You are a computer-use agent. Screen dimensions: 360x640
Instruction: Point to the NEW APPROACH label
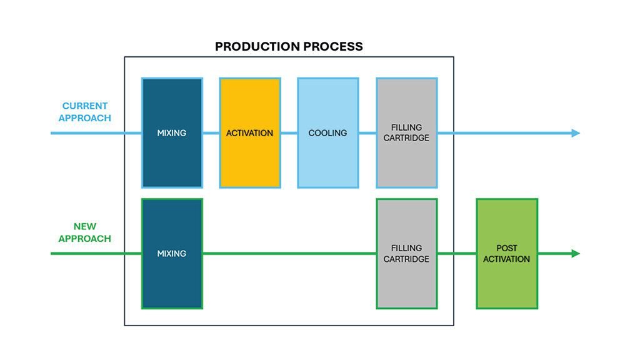[85, 232]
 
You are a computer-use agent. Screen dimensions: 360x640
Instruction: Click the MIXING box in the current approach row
[172, 133]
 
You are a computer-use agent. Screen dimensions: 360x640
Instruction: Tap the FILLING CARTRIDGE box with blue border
[406, 133]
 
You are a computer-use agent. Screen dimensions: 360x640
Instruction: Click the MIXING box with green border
[172, 254]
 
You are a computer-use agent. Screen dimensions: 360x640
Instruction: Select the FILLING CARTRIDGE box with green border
[406, 254]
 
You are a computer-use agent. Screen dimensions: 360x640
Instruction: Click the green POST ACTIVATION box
[506, 254]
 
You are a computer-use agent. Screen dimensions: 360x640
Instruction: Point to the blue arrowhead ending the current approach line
[575, 133]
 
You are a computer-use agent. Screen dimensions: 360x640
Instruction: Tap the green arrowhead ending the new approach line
[575, 254]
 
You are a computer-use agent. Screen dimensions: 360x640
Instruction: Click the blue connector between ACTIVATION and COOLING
[289, 133]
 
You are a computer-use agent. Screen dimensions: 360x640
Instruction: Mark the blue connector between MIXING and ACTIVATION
[211, 133]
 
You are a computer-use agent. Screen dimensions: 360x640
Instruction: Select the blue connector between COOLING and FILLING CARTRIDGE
[367, 133]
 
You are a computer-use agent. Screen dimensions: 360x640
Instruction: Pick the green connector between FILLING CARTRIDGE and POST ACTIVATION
[457, 254]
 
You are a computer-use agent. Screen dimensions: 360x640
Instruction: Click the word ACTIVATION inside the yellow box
[249, 133]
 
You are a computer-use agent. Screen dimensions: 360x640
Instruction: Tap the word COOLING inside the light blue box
[327, 133]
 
